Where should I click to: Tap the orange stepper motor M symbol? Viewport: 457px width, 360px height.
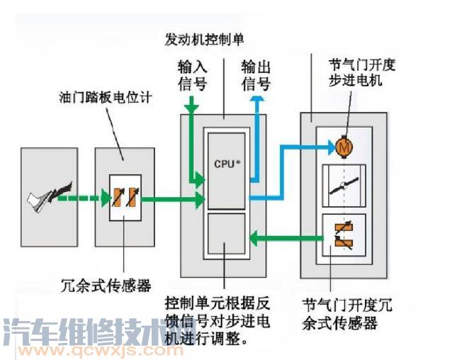[344, 147]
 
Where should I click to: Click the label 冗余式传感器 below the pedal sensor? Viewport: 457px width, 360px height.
[106, 286]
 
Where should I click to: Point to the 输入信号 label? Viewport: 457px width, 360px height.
[192, 75]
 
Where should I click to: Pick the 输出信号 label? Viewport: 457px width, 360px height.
[256, 75]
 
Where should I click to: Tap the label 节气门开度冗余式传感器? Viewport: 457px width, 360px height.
[346, 315]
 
